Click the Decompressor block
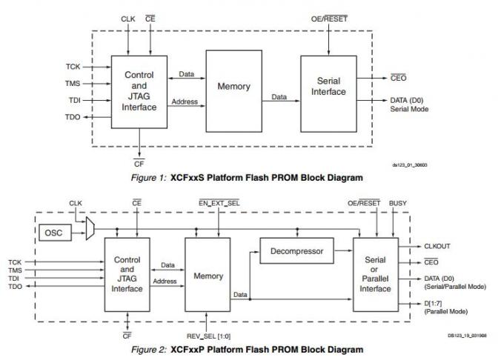296,251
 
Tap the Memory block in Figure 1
233,87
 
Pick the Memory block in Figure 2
208,276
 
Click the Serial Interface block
328,87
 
